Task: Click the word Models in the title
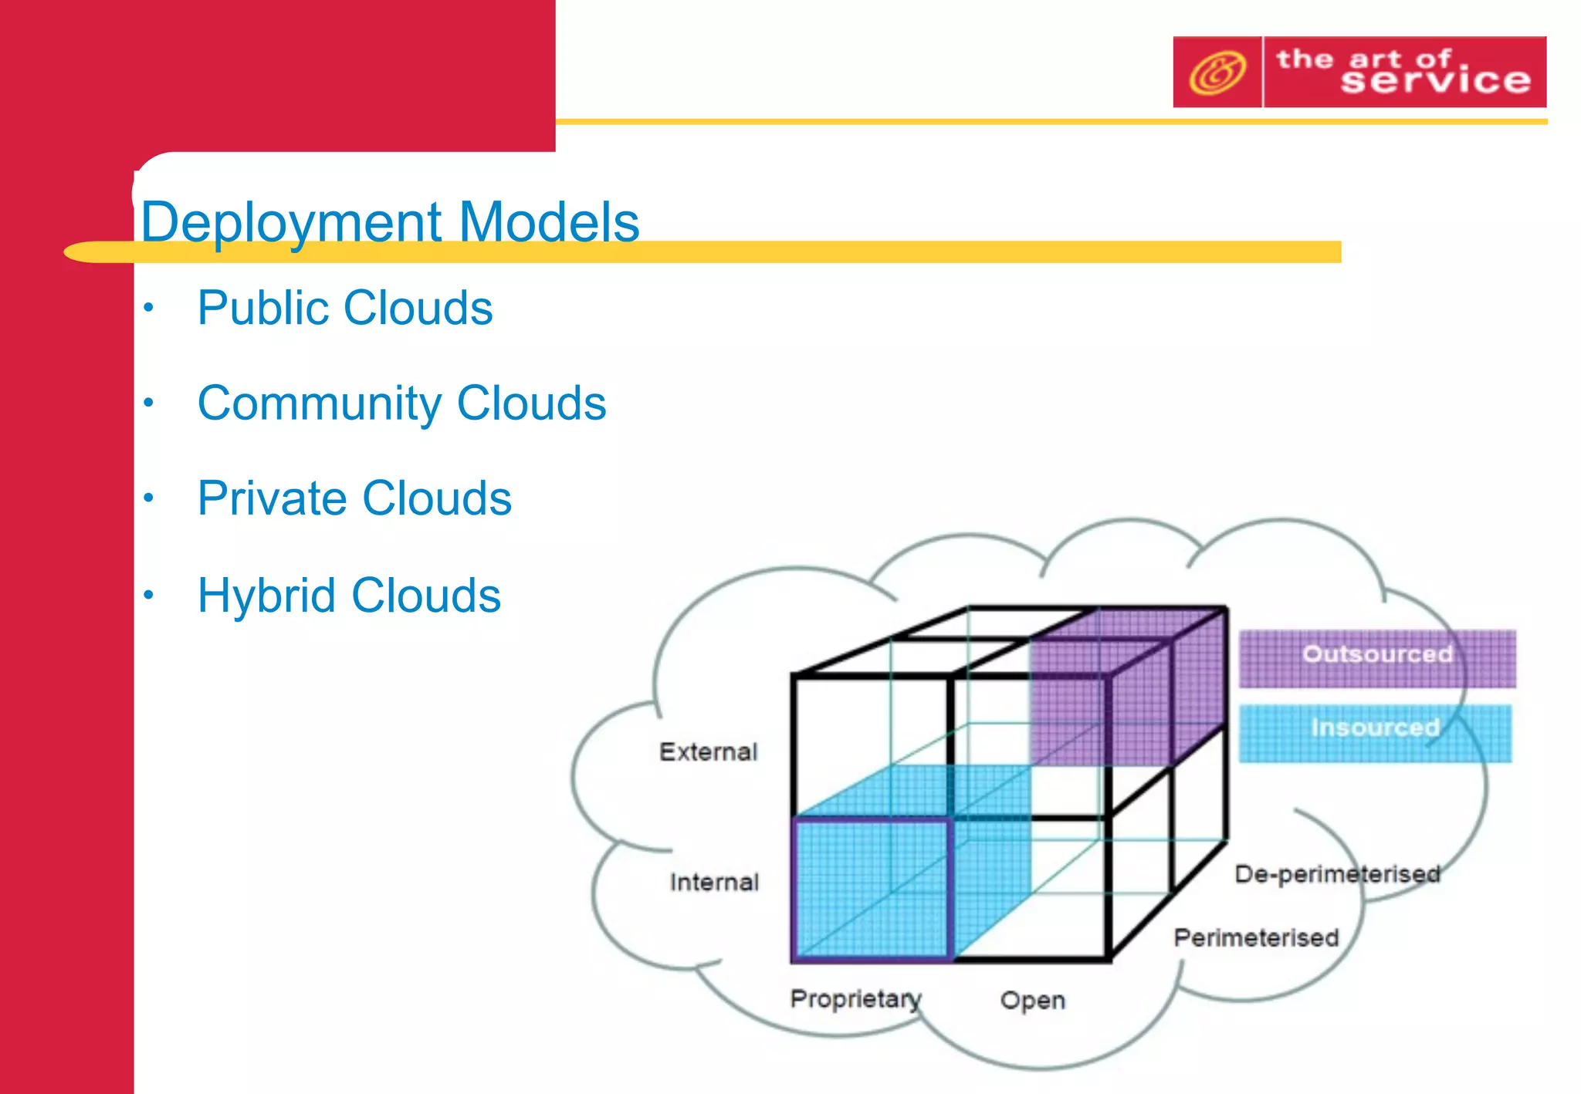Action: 549,222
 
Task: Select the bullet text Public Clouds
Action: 344,309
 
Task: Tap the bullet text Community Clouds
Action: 401,403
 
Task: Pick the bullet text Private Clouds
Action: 354,498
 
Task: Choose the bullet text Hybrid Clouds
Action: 349,596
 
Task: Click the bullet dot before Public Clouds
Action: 149,309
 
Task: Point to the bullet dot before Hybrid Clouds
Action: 149,596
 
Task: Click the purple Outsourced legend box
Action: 1376,658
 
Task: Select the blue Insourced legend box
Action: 1374,732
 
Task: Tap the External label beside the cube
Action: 708,751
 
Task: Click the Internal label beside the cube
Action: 714,882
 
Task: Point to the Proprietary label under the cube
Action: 855,999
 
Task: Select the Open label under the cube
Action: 1032,1001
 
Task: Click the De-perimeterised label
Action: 1336,874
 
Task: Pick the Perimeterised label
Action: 1256,938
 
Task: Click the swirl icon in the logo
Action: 1217,73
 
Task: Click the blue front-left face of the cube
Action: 871,889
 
